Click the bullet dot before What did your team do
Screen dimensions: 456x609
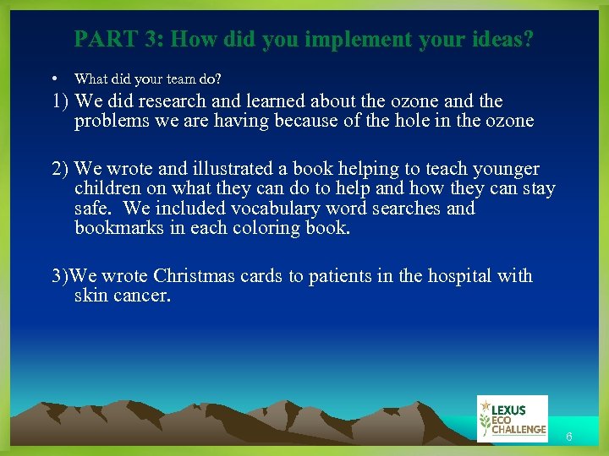pos(54,79)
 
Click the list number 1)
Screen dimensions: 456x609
pos(60,101)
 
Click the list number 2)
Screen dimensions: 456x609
pos(60,169)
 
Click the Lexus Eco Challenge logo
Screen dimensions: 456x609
pos(512,419)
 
